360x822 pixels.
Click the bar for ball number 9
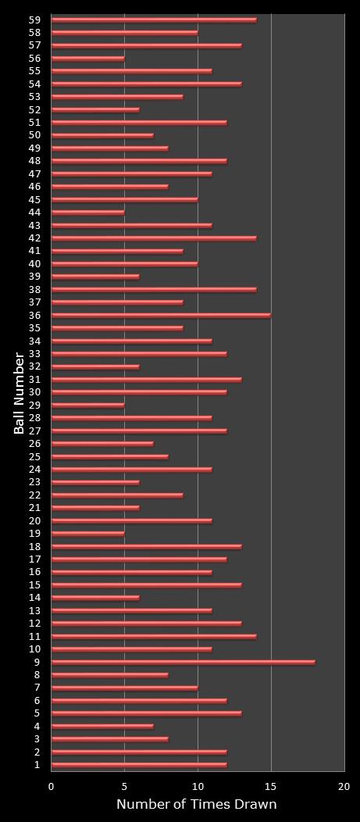[x=183, y=662]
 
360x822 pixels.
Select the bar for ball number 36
[x=161, y=316]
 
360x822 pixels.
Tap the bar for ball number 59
[x=154, y=20]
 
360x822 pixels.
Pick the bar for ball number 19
[x=87, y=534]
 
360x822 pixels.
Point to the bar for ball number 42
[x=154, y=238]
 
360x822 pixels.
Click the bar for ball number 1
[x=139, y=765]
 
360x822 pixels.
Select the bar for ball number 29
[x=87, y=406]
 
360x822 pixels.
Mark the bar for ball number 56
[x=87, y=59]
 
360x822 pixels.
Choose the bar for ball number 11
[x=154, y=637]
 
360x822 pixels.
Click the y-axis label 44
[x=34, y=213]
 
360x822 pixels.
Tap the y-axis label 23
[x=34, y=482]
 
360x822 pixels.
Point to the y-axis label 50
[x=34, y=135]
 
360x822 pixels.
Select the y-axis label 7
[x=37, y=688]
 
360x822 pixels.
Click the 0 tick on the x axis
[x=52, y=787]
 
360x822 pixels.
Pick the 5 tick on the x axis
[x=124, y=787]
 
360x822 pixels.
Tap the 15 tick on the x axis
[x=271, y=787]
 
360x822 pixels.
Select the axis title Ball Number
[x=19, y=393]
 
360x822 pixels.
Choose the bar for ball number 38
[x=154, y=290]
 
